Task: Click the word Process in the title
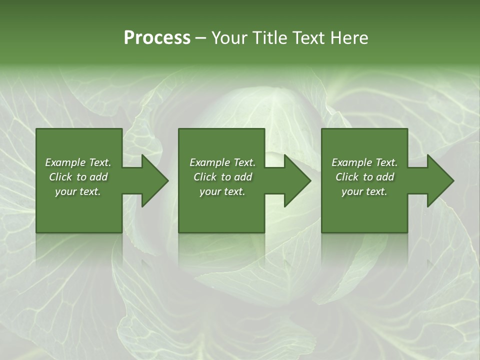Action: (x=157, y=38)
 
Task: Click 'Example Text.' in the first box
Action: (x=78, y=162)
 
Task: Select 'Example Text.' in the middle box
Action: (x=222, y=162)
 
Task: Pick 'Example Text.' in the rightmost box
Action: (x=364, y=162)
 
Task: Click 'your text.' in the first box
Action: (x=78, y=191)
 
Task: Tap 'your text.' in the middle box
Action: (x=222, y=191)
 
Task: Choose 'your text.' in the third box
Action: (x=364, y=191)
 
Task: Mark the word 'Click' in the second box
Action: (x=205, y=177)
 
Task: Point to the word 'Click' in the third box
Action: (x=347, y=177)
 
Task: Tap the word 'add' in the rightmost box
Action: (x=385, y=177)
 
